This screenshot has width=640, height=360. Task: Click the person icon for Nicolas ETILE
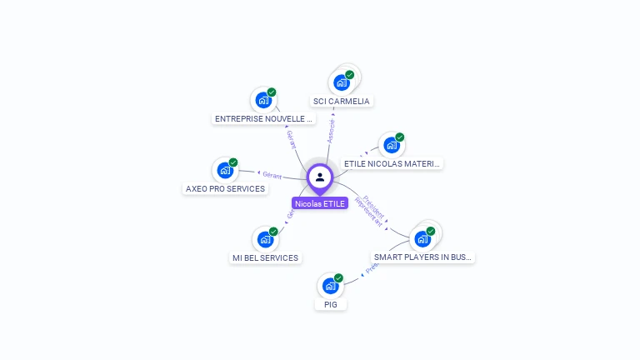click(320, 177)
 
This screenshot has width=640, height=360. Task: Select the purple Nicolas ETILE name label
click(320, 203)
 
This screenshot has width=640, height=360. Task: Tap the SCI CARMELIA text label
click(341, 101)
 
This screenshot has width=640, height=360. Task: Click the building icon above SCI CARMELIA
click(341, 82)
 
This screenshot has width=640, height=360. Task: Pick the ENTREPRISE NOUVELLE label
click(263, 118)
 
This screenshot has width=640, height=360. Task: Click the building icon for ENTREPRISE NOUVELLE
click(263, 100)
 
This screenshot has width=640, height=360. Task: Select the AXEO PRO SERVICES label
click(225, 188)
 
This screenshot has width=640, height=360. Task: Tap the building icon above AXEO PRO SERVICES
click(225, 170)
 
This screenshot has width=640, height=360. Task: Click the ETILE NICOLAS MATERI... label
click(392, 164)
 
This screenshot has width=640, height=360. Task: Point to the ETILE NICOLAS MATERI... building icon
click(392, 145)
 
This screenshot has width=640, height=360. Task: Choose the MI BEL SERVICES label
click(265, 257)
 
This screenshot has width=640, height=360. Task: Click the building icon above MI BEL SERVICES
click(265, 239)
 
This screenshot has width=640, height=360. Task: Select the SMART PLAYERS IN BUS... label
click(422, 257)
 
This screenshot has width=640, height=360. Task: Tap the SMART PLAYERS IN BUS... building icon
click(422, 239)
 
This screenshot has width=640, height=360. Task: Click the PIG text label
click(331, 304)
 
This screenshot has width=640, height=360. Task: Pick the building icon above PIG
click(330, 286)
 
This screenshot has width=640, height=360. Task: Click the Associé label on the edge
click(331, 132)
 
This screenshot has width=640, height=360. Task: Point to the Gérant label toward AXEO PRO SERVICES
click(272, 175)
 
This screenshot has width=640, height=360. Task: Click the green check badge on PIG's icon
click(338, 277)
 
